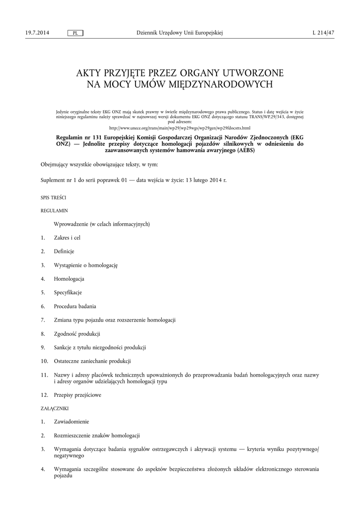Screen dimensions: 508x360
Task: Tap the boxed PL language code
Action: tap(75, 33)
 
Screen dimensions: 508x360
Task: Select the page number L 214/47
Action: tap(323, 33)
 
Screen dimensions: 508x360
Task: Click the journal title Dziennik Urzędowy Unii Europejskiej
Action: tap(179, 33)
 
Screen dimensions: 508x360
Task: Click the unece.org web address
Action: tap(180, 127)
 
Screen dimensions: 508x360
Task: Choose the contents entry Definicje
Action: tap(64, 252)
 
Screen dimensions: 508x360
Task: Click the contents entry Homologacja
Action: tap(69, 279)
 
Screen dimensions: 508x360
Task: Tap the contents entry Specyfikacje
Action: tap(68, 292)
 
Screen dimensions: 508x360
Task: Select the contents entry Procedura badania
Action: tap(75, 306)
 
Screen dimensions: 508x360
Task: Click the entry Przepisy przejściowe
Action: tap(77, 395)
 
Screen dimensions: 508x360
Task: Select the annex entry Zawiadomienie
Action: tap(72, 422)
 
